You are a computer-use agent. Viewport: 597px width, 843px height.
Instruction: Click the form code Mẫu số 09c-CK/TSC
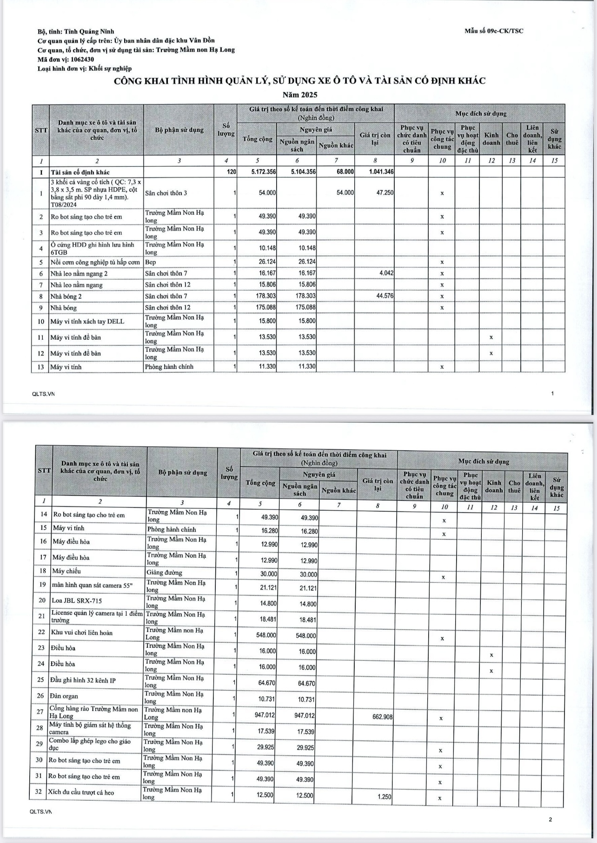tap(493, 31)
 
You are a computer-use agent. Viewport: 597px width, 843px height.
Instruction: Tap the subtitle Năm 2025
tap(300, 95)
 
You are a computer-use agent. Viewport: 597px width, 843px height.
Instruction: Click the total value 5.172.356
tap(263, 172)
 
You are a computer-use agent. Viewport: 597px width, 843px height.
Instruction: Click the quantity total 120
tap(232, 172)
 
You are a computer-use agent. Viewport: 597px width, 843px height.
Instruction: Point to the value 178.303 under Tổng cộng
tap(267, 296)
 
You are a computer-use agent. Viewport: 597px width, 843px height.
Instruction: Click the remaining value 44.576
tap(384, 296)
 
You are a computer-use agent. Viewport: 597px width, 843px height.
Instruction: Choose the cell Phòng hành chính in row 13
tap(169, 367)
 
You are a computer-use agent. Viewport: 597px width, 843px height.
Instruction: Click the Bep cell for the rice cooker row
tap(151, 262)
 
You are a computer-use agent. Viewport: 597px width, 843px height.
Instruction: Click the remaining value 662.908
tap(382, 717)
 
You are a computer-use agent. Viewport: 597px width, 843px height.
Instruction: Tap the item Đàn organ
tap(64, 696)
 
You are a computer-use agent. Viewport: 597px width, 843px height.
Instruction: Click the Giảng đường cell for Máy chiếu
tap(164, 573)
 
